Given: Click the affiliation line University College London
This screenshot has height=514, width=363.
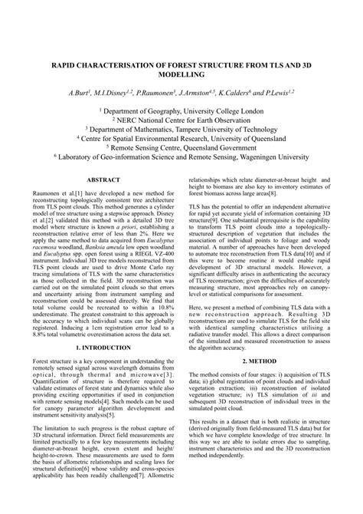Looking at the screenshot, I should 181,110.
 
